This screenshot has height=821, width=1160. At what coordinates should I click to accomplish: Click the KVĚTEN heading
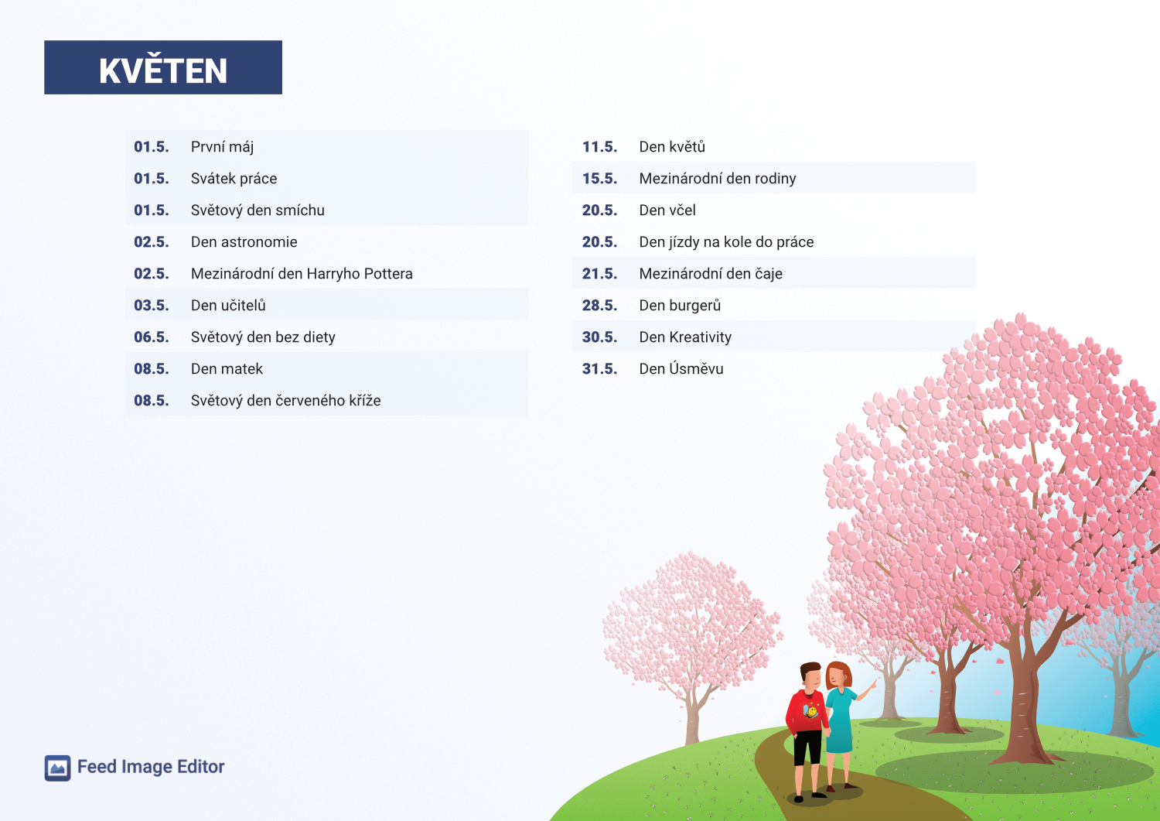163,70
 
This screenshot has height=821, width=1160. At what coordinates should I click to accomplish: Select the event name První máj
222,147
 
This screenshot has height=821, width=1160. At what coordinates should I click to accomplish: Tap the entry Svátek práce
234,178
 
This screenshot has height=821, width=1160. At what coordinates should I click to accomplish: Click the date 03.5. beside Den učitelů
152,306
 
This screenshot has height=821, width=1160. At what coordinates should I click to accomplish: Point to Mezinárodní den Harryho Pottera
302,274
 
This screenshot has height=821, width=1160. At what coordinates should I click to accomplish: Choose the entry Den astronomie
244,242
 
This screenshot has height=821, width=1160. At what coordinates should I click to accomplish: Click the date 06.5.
152,337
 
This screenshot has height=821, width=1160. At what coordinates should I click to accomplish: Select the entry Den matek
227,368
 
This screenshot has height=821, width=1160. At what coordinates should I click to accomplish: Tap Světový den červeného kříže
285,400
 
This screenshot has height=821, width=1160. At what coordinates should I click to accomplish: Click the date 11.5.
599,147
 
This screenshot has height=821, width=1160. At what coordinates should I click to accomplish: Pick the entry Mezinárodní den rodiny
717,178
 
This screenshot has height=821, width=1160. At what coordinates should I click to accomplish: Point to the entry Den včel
667,210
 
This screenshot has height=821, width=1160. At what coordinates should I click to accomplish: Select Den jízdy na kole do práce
726,242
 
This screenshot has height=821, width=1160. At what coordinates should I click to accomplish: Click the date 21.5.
599,274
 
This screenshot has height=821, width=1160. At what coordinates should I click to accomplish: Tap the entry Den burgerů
680,306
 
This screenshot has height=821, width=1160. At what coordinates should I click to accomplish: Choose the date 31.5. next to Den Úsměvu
599,368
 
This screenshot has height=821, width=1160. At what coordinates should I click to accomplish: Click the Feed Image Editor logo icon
57,768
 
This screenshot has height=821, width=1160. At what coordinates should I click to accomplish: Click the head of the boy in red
810,676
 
